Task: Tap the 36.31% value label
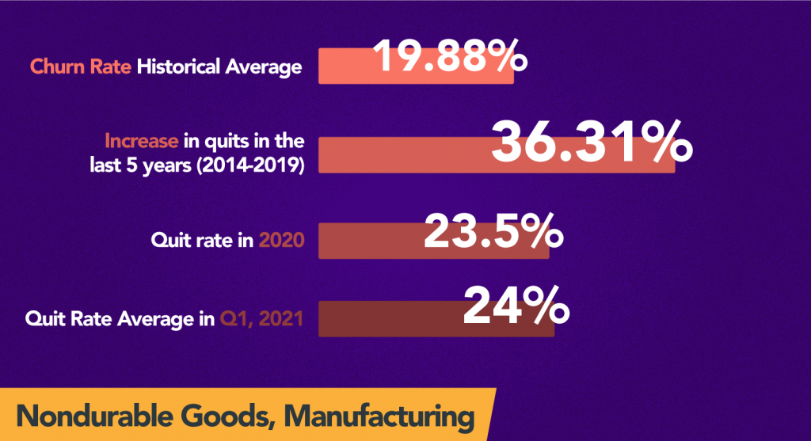pyautogui.click(x=591, y=143)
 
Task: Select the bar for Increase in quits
pyautogui.click(x=396, y=155)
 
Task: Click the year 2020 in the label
pyautogui.click(x=284, y=239)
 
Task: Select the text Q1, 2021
pyautogui.click(x=261, y=320)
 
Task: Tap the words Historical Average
pyautogui.click(x=219, y=67)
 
